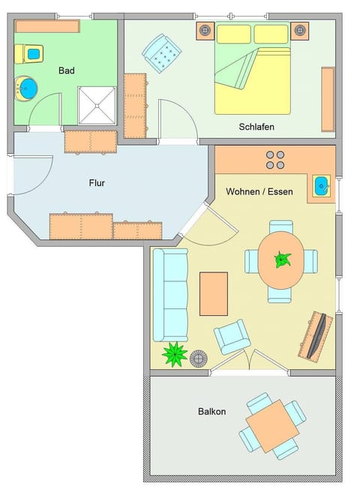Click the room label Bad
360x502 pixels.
click(66, 71)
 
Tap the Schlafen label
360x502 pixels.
click(256, 127)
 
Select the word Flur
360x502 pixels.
click(97, 182)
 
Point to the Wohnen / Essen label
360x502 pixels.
click(259, 192)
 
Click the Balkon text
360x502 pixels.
click(211, 411)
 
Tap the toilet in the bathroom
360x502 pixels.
click(31, 54)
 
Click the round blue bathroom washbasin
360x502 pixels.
click(26, 88)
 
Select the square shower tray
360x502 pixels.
click(97, 105)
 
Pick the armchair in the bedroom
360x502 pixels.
click(163, 53)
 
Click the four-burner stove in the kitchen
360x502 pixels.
click(275, 159)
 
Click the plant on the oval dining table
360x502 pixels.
click(282, 260)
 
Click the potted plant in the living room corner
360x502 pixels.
click(175, 353)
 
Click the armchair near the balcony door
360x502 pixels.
click(232, 337)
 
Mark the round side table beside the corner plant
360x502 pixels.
click(199, 359)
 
